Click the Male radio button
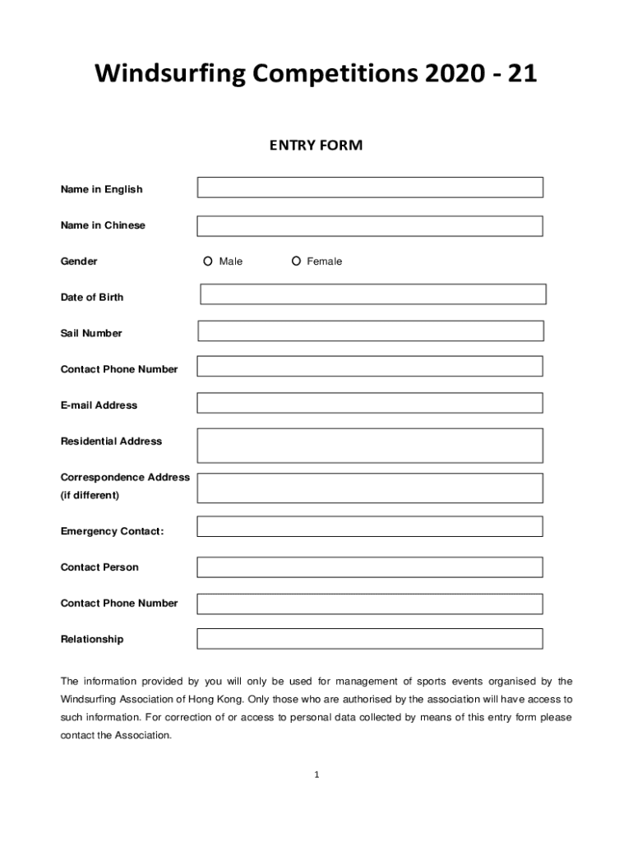(x=208, y=261)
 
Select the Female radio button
(x=296, y=261)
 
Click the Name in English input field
(x=370, y=187)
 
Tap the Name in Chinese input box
(x=370, y=226)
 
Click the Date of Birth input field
(x=373, y=294)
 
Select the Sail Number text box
(x=371, y=331)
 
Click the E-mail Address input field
(x=370, y=403)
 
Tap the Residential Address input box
(x=370, y=445)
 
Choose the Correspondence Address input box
(x=370, y=488)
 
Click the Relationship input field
(x=370, y=639)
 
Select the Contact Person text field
(x=370, y=567)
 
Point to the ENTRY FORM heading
(x=316, y=146)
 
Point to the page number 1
(x=316, y=775)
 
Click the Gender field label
(x=79, y=261)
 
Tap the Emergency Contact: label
(x=112, y=531)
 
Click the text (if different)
(x=90, y=495)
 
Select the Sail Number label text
(x=91, y=333)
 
